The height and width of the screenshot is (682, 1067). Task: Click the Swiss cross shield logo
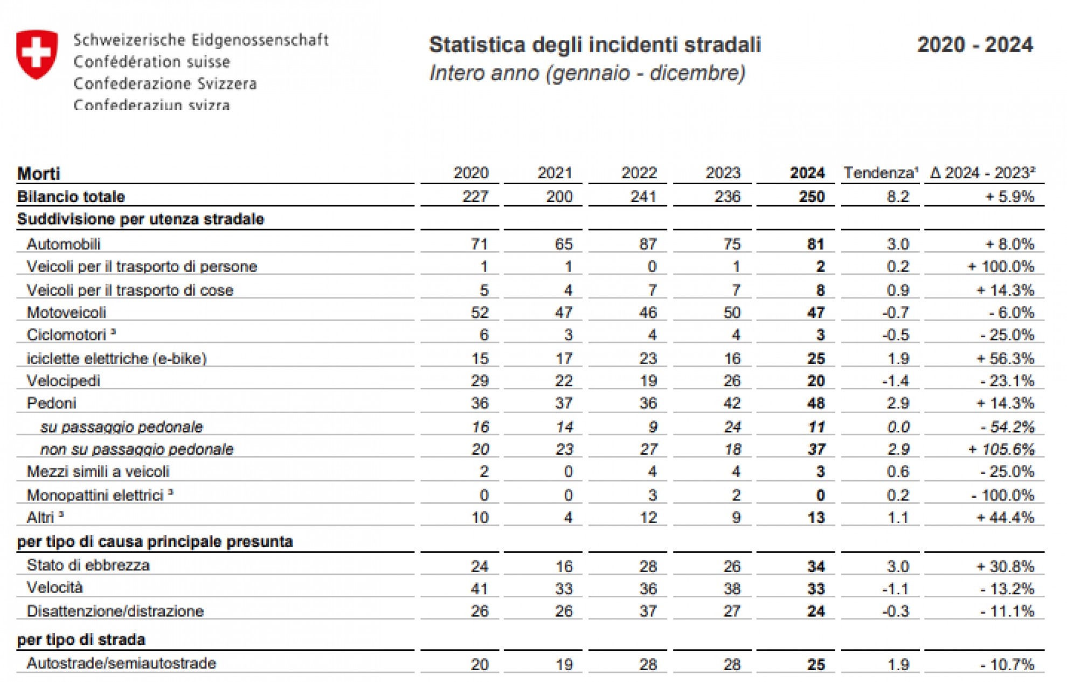click(x=37, y=54)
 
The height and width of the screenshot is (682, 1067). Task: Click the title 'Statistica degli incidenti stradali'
click(x=594, y=45)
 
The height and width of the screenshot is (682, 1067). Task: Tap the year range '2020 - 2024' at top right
click(x=975, y=45)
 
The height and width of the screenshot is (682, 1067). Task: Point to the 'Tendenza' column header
click(x=881, y=173)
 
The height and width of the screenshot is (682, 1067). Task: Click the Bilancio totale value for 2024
click(x=811, y=197)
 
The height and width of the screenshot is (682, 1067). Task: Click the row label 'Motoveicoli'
click(x=66, y=312)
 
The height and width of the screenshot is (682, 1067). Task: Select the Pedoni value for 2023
click(x=731, y=403)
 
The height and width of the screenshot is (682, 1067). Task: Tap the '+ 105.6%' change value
click(x=1001, y=449)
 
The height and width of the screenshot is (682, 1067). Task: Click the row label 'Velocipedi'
click(x=64, y=381)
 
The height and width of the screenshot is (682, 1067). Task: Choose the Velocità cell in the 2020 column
click(x=479, y=588)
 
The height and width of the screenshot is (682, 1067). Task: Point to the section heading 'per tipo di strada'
click(x=81, y=639)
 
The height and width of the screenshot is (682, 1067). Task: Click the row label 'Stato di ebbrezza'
click(x=88, y=565)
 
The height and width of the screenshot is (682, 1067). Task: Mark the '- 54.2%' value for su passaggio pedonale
click(x=1007, y=427)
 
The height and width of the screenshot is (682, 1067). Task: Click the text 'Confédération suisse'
click(x=152, y=62)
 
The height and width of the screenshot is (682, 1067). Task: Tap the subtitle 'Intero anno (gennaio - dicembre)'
click(x=587, y=73)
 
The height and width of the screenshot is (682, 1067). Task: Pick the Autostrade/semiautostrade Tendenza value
click(x=898, y=664)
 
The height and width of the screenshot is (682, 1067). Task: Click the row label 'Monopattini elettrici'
click(x=95, y=495)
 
